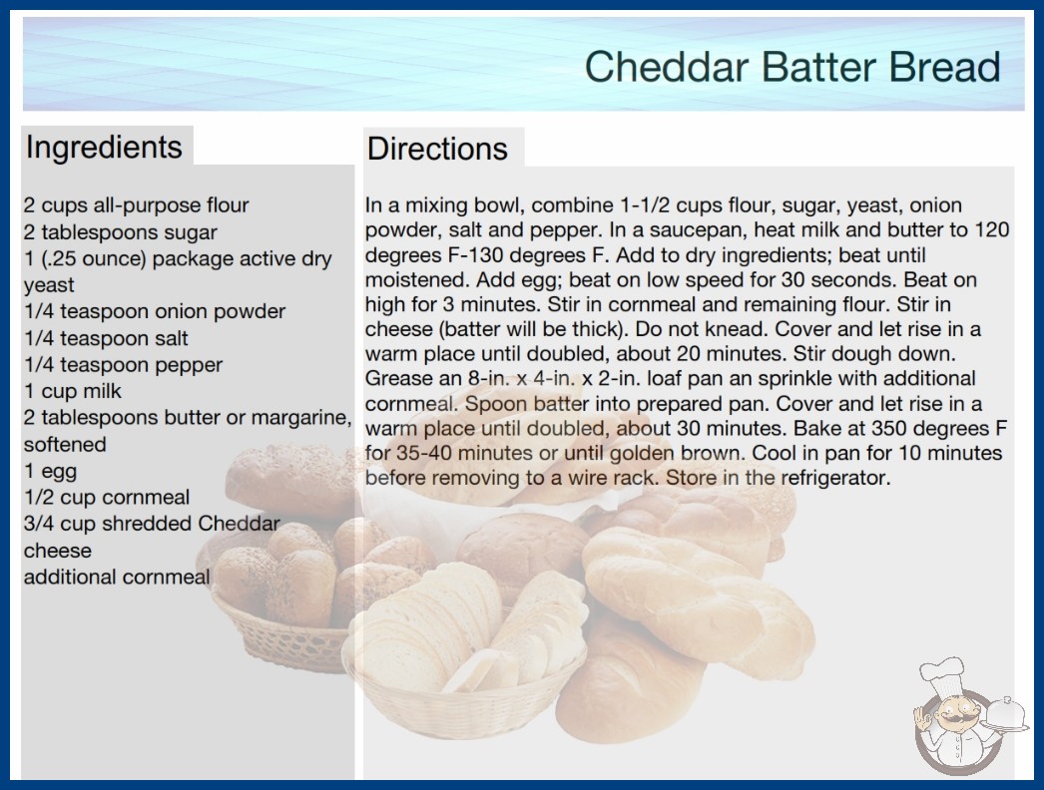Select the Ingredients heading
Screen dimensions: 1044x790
click(104, 148)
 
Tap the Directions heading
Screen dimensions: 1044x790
click(437, 149)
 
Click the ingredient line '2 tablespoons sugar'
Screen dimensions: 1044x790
click(121, 232)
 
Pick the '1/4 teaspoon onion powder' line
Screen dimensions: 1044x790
click(155, 311)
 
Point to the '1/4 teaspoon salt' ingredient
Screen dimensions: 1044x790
click(106, 338)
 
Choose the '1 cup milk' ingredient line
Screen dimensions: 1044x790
click(73, 391)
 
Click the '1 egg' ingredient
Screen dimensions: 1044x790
click(51, 471)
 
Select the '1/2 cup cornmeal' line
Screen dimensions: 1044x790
click(107, 497)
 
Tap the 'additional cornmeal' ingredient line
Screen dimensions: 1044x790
click(117, 577)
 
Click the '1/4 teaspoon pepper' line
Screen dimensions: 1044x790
click(123, 365)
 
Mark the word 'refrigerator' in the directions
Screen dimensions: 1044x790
click(835, 478)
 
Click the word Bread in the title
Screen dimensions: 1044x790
click(944, 67)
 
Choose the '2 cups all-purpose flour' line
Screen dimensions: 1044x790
click(137, 205)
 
